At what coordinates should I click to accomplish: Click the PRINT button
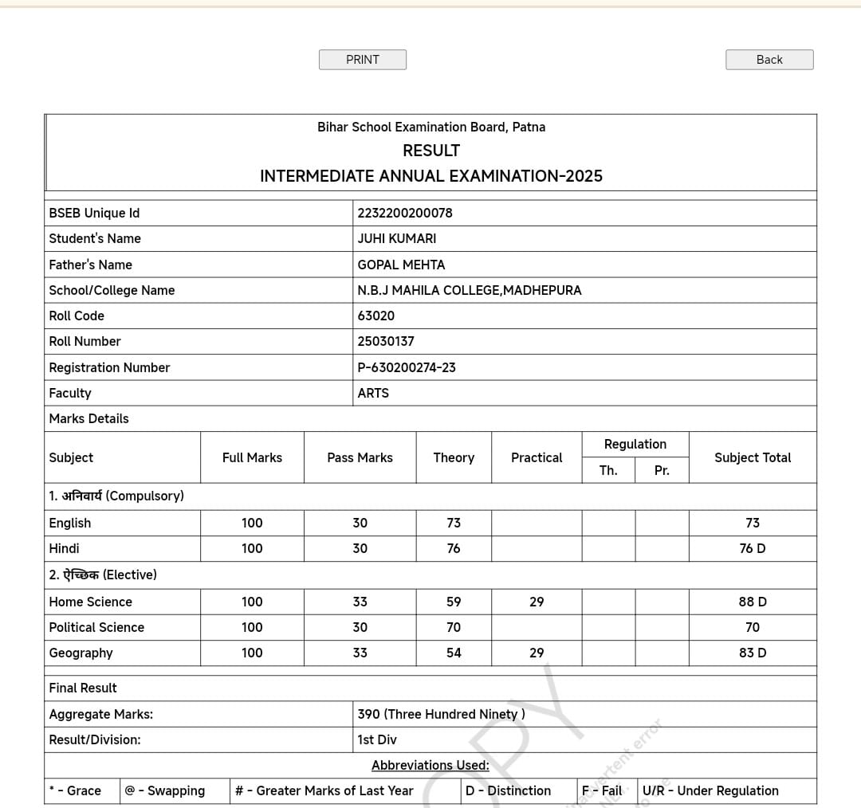coord(363,60)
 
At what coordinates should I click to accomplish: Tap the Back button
coord(769,60)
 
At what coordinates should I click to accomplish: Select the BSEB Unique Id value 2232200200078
coord(405,213)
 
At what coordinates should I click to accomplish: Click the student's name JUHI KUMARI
coord(397,238)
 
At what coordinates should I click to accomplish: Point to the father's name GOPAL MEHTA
coord(401,265)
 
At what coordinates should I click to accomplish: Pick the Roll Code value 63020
coord(376,316)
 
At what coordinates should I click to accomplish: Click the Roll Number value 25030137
coord(386,341)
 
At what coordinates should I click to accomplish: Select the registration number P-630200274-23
coord(407,367)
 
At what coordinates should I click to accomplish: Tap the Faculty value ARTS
coord(373,393)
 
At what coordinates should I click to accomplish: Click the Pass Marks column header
coord(360,457)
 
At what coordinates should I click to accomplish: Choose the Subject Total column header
coord(753,457)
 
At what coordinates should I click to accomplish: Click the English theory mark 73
coord(454,523)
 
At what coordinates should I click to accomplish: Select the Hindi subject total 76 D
coord(753,548)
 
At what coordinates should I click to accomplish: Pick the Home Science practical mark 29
coord(537,602)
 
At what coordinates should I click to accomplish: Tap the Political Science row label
coord(96,627)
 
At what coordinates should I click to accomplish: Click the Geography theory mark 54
coord(454,653)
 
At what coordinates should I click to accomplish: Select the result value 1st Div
coord(377,739)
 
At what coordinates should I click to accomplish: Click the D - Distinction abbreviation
coord(509,790)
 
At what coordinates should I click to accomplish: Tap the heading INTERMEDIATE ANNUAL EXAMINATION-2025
coord(431,176)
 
